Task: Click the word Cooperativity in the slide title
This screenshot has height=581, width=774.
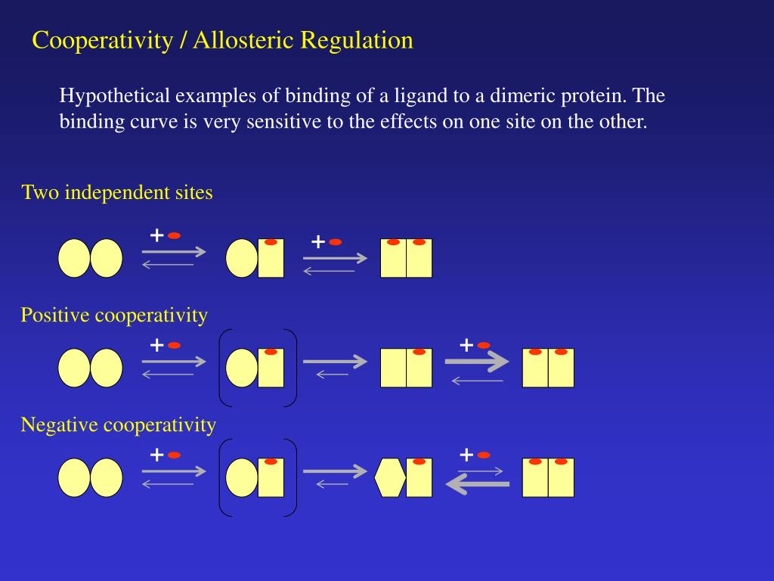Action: point(102,40)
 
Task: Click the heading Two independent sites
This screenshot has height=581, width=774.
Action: point(117,193)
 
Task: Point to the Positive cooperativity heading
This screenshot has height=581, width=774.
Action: point(114,315)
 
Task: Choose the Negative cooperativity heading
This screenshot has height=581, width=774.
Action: point(119,425)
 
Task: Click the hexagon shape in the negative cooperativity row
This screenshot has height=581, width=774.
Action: point(390,477)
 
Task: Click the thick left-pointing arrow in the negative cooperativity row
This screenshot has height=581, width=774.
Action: point(478,484)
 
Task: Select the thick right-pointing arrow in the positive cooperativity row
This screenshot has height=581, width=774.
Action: point(477,362)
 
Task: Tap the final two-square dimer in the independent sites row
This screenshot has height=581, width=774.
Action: point(406,258)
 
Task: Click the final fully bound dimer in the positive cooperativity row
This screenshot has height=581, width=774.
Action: point(548,368)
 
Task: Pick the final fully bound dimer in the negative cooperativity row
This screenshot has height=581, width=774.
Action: point(548,477)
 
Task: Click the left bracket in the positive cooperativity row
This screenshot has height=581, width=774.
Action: point(222,368)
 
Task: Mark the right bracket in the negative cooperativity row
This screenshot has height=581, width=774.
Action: point(293,477)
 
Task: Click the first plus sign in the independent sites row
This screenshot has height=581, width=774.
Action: point(156,235)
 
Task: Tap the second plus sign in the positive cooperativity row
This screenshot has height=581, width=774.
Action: point(466,346)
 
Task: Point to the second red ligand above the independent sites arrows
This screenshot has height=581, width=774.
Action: point(336,242)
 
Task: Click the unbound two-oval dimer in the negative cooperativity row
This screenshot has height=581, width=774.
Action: point(90,477)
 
